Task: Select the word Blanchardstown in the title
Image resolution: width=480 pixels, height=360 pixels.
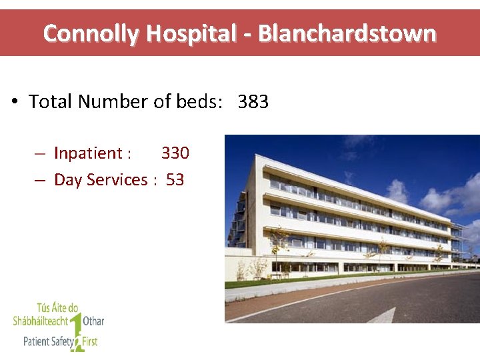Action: click(347, 33)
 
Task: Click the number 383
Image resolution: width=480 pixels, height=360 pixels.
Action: click(253, 102)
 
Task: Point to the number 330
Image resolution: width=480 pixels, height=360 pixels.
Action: click(175, 153)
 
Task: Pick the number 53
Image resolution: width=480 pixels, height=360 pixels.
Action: click(175, 180)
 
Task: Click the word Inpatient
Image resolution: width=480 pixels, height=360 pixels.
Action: click(87, 153)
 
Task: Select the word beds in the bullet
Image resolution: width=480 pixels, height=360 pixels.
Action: click(196, 102)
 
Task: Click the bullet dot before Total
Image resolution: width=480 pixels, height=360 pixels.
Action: click(14, 102)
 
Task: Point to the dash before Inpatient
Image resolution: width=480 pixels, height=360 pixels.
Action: click(40, 153)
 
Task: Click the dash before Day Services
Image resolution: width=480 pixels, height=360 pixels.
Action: click(40, 180)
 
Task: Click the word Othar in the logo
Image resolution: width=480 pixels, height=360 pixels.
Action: click(93, 321)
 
